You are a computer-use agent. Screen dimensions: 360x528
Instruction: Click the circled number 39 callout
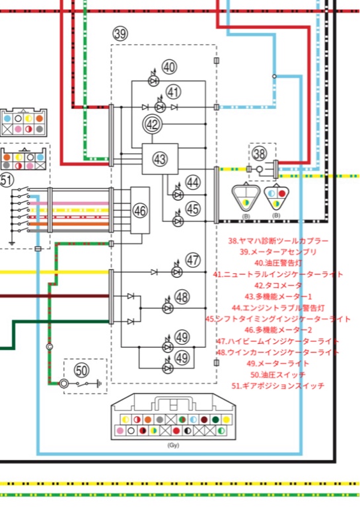click(120, 34)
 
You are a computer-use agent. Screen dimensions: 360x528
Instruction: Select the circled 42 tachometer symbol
click(152, 124)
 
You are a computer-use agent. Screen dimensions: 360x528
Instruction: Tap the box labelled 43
click(160, 158)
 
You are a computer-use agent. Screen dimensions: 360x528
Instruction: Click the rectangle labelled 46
click(140, 210)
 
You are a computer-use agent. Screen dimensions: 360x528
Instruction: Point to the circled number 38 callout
click(260, 153)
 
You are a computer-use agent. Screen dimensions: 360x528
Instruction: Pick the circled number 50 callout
click(81, 370)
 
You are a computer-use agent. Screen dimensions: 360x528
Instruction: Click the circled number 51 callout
click(6, 180)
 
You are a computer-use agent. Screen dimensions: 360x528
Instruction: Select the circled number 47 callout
click(193, 260)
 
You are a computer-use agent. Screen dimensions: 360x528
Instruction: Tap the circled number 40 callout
click(169, 67)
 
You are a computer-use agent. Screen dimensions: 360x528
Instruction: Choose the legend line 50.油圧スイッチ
click(278, 374)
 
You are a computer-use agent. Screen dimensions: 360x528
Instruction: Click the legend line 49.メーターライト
click(278, 364)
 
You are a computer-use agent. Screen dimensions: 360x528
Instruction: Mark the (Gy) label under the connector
click(173, 445)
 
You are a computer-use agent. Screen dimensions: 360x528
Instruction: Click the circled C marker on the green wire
click(50, 346)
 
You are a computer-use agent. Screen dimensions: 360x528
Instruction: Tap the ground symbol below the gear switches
click(12, 243)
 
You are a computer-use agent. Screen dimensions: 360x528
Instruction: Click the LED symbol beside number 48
click(168, 308)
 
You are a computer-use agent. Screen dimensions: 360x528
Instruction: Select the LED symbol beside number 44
click(178, 194)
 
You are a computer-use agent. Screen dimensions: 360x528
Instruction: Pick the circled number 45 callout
click(193, 209)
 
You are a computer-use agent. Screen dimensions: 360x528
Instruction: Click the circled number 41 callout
click(174, 92)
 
